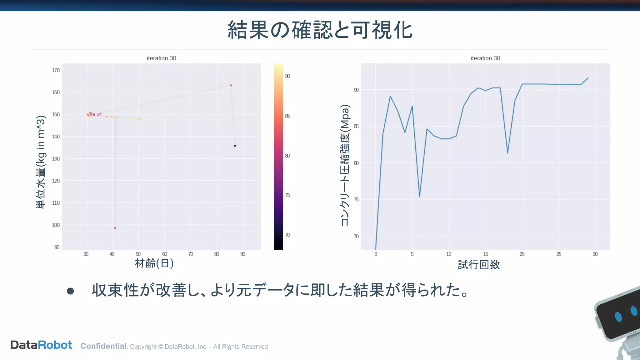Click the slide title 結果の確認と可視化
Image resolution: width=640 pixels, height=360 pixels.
pos(320,30)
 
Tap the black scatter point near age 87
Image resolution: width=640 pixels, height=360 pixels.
pos(235,146)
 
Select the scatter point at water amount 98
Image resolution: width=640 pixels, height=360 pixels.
pos(115,228)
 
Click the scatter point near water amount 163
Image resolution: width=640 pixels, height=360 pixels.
pos(231,85)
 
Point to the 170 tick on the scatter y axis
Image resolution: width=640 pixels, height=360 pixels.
pos(56,70)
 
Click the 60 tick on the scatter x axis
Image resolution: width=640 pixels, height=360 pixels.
pos(164,254)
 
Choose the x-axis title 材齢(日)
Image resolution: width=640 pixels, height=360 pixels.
pos(154,263)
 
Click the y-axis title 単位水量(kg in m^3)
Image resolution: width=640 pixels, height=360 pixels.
pos(41,162)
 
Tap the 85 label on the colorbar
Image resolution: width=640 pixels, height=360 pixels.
pos(287,116)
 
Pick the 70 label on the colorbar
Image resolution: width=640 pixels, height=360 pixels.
pos(287,235)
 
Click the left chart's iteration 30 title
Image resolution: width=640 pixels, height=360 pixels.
pos(161,58)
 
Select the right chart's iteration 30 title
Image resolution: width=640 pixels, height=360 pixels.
pos(485,58)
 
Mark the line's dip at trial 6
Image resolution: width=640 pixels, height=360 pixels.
pos(419,197)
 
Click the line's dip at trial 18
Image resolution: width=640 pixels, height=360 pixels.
pos(507,153)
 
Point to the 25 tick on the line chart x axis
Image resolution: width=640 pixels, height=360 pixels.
pos(559,254)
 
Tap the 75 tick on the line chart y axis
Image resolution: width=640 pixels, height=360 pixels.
pos(356,200)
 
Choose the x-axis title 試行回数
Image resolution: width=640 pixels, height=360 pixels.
pos(479,265)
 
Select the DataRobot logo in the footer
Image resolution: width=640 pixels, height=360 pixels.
pos(41,345)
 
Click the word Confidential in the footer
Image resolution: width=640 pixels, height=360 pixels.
pos(103,346)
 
